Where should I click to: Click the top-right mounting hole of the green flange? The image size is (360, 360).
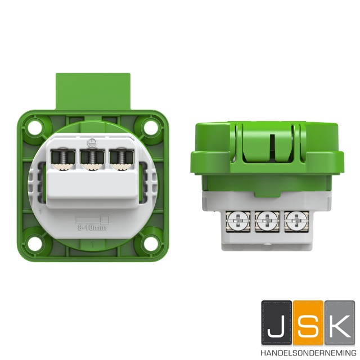coord(150,127)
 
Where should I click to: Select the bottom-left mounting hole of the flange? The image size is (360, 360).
coord(35,243)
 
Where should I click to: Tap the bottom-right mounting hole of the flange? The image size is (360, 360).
coord(150,242)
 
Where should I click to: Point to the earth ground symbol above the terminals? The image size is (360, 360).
coord(91,143)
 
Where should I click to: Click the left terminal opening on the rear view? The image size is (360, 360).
coord(63,160)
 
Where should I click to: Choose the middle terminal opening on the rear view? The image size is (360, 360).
coord(92,160)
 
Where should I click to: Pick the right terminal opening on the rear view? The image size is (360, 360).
coord(121,160)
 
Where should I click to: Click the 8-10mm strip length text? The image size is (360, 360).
coord(92,228)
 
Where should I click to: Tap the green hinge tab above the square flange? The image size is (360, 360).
coord(93,92)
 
